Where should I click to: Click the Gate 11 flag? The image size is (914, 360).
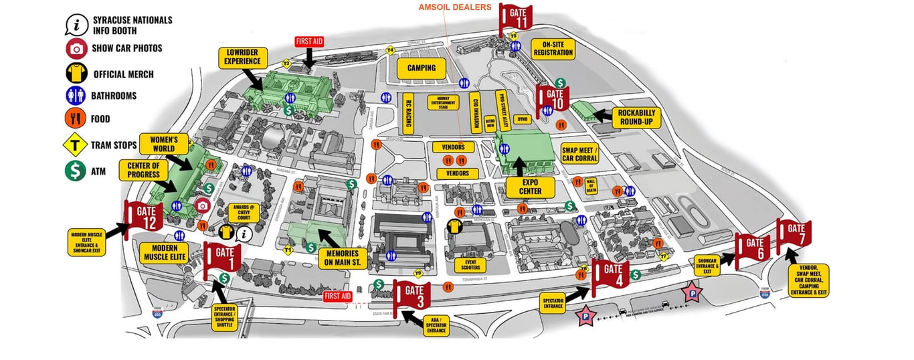tap(517, 18)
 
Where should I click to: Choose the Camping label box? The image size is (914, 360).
tap(421, 68)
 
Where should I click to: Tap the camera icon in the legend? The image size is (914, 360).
tap(77, 48)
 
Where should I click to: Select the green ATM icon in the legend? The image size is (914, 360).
tap(76, 171)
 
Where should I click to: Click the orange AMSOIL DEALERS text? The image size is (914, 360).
tap(454, 7)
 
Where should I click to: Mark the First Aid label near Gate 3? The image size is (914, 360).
tap(337, 296)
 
